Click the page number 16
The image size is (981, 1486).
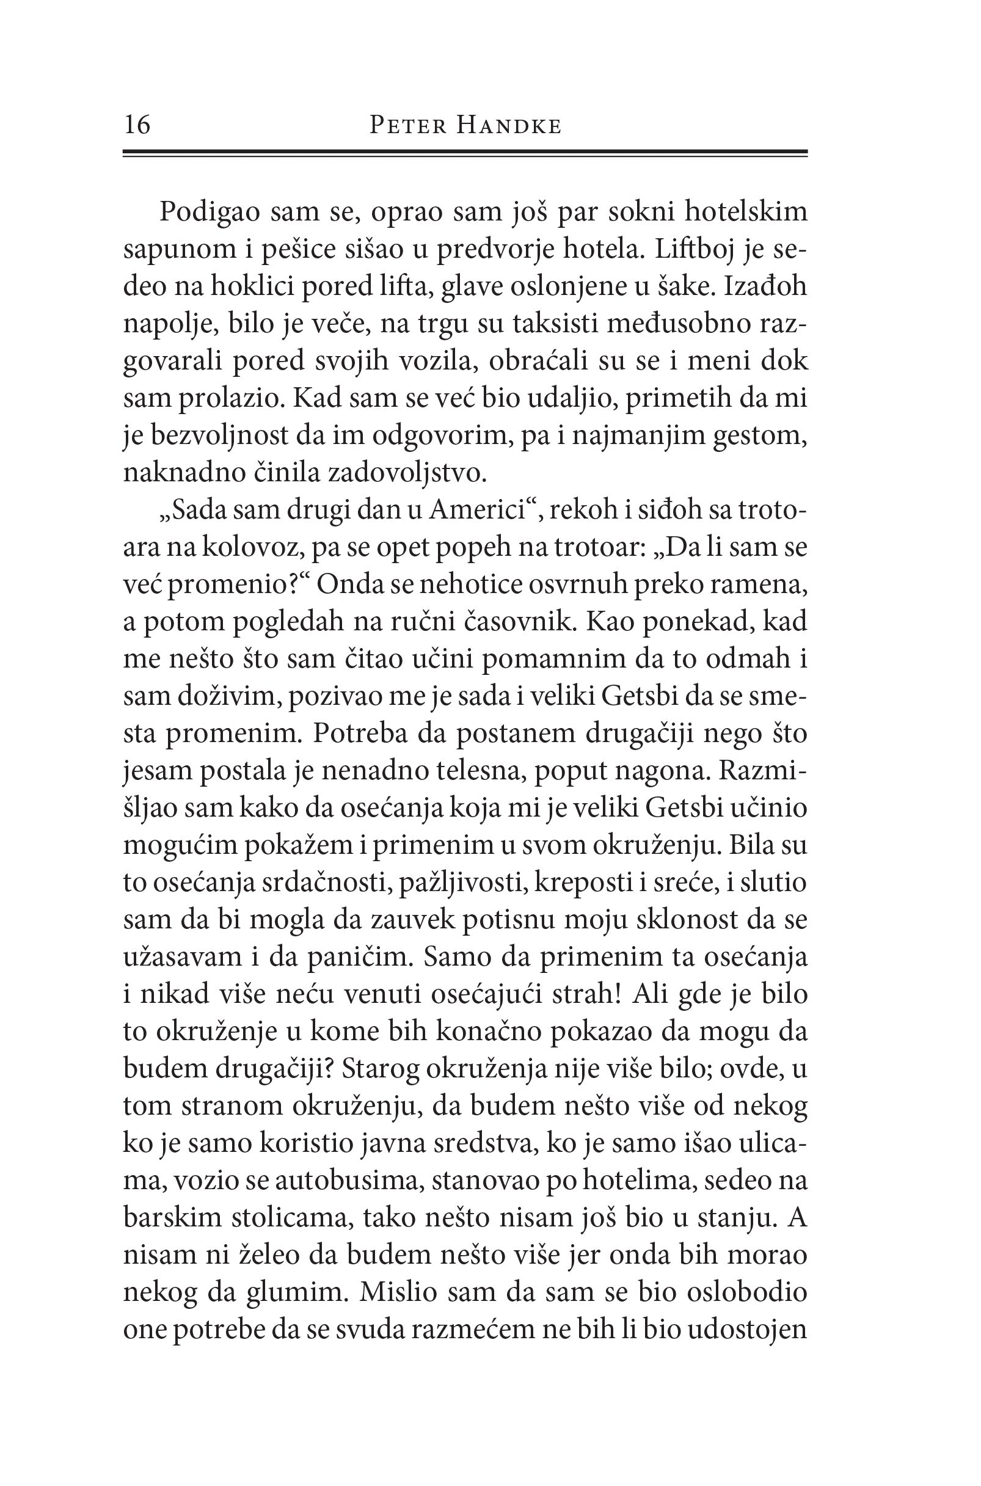137,125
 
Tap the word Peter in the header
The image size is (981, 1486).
408,126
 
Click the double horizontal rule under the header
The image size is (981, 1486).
465,153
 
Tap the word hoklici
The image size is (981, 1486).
255,286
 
